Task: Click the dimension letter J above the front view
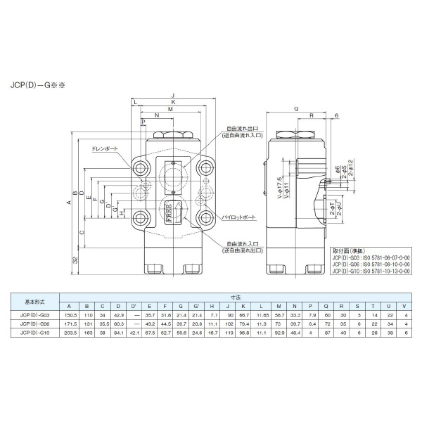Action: [x=172, y=96]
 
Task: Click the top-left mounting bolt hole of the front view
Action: [x=139, y=167]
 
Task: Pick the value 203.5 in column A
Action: [x=69, y=332]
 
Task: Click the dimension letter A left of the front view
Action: [x=68, y=203]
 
